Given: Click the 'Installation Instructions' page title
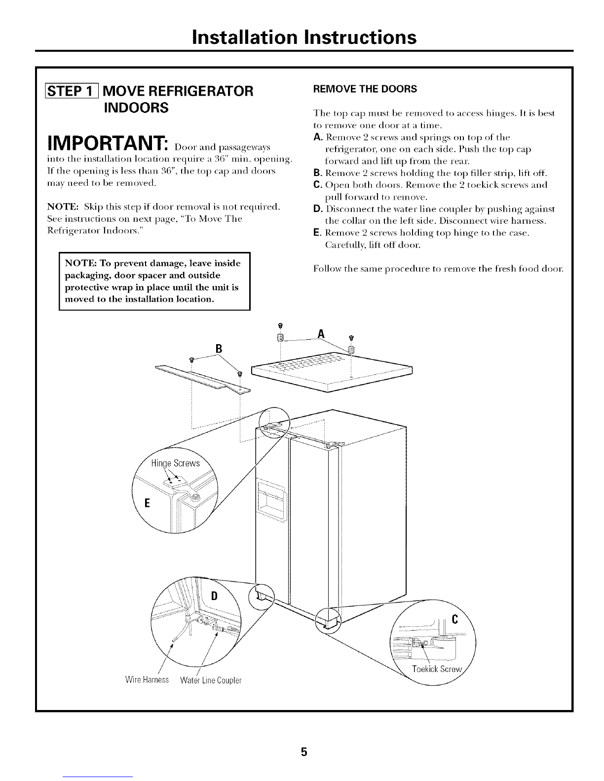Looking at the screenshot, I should point(304,37).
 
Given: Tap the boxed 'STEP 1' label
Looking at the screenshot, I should point(78,91).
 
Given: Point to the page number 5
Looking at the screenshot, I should point(304,738).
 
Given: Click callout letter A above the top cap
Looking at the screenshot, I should point(321,334).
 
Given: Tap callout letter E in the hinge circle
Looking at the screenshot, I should point(146,503).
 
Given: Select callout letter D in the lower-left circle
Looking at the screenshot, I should point(214,595).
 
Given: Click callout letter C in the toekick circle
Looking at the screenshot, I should point(454,621).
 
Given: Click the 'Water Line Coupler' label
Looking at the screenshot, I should point(211,680).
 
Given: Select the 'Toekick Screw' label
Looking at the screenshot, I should point(437,669).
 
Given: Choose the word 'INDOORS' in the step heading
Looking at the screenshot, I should point(136,107).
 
